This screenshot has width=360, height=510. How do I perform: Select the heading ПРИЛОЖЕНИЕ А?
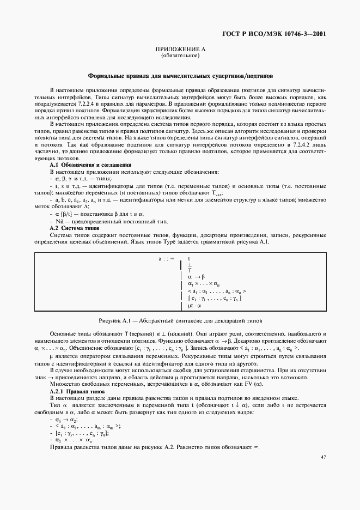[180, 50]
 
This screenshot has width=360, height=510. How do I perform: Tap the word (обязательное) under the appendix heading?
[180, 56]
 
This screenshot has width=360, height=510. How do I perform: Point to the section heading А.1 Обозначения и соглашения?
[90, 165]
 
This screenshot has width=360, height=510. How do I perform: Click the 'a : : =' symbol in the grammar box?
[166, 258]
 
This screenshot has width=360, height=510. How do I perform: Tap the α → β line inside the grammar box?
[196, 277]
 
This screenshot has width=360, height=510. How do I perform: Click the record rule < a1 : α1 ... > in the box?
[217, 292]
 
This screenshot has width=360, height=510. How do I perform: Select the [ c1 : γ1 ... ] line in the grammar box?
[215, 299]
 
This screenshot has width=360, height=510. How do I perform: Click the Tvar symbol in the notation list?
[215, 193]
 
